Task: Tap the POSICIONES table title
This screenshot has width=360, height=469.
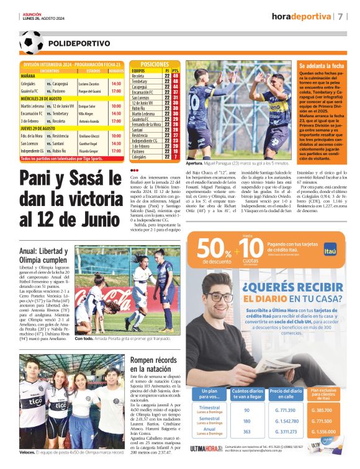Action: click(155, 65)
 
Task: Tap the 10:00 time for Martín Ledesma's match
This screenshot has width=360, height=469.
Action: click(115, 106)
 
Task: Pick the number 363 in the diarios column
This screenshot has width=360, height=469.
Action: click(246, 431)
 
